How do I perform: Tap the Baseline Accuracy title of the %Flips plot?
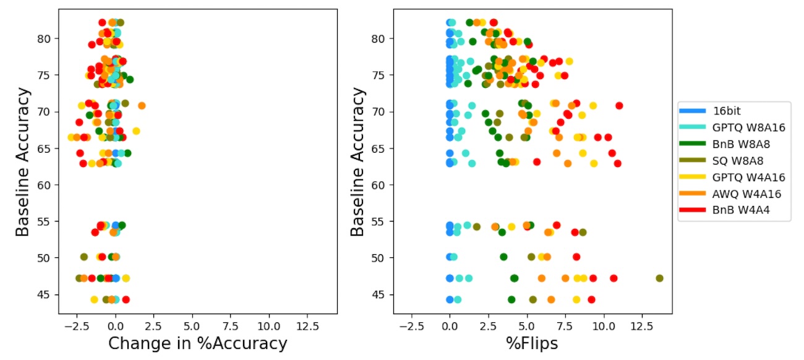pos(358,162)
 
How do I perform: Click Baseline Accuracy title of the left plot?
pos(23,162)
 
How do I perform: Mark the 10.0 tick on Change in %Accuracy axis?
pos(269,325)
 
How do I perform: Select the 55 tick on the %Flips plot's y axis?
pos(381,221)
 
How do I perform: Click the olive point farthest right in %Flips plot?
pos(659,278)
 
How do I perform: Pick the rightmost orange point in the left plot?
pos(142,106)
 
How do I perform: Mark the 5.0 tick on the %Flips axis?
pos(527,325)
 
